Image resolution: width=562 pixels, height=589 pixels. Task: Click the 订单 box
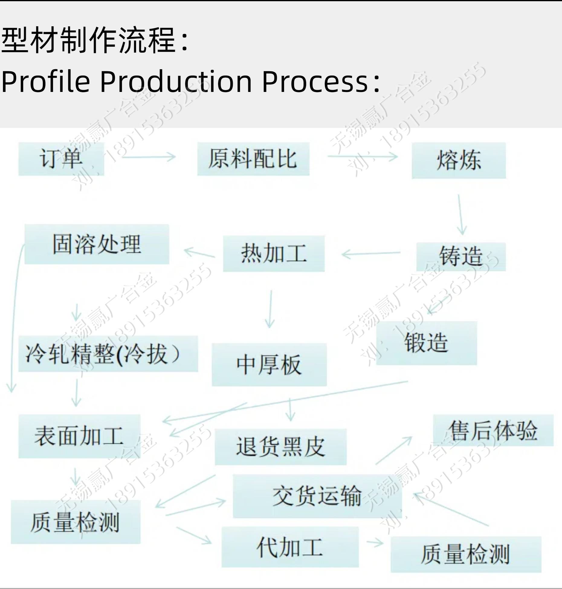(61, 159)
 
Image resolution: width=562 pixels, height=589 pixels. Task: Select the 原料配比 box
(253, 159)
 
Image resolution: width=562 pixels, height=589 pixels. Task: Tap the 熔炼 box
(459, 161)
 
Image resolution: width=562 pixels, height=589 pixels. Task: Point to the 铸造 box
(461, 256)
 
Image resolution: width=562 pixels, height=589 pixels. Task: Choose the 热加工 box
(274, 254)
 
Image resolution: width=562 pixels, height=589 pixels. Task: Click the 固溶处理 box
(97, 244)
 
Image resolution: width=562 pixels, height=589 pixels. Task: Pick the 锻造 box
(426, 343)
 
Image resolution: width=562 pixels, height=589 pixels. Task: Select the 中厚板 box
(269, 365)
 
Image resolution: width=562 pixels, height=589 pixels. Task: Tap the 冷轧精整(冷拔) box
(108, 354)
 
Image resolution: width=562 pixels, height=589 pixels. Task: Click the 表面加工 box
(79, 436)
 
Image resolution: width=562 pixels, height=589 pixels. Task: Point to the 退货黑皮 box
(280, 447)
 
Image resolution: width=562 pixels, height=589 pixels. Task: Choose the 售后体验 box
(493, 430)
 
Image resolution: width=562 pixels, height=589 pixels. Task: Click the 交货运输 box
(317, 496)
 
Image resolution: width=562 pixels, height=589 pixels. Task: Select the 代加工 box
(290, 547)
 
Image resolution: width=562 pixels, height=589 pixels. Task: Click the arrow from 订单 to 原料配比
(149, 157)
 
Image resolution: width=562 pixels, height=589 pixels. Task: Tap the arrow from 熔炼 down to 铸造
(460, 215)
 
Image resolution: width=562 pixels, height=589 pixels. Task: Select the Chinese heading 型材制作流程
(89, 40)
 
